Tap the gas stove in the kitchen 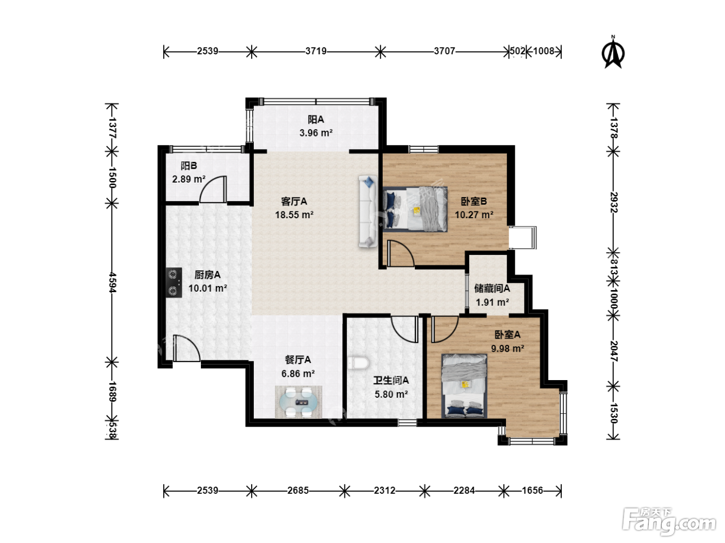coord(173,282)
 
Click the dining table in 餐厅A coord(298,402)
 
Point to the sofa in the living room coord(368,212)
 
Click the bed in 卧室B coord(415,209)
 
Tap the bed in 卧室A coord(464,386)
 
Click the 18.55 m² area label coord(294,215)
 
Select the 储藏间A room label coord(492,289)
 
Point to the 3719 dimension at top coord(316,51)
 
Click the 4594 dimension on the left coord(112,282)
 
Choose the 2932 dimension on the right coord(613,202)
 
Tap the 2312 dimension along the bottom coord(384,491)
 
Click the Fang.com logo coord(669,522)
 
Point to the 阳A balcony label coord(316,119)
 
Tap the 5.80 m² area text coord(391,394)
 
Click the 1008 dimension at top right coord(543,51)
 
